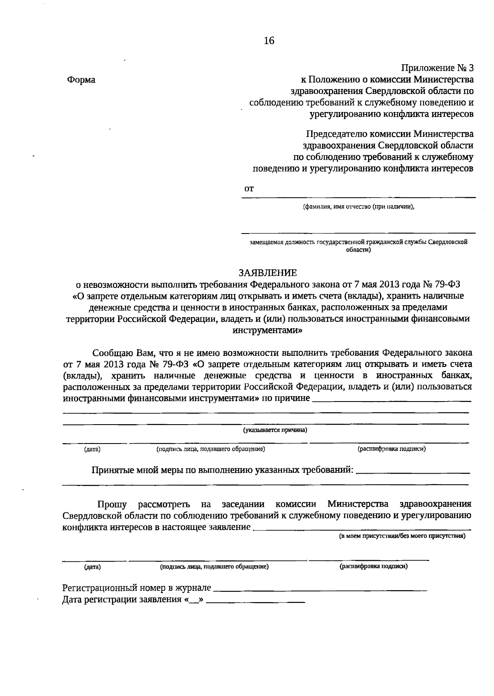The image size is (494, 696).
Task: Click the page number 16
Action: pos(268,41)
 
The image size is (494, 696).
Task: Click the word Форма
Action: pos(81,80)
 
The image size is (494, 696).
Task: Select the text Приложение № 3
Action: pos(437,68)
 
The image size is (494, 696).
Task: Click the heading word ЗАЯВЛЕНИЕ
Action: pos(268,273)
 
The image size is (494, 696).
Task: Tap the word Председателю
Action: pos(336,134)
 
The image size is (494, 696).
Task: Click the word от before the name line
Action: pos(249,189)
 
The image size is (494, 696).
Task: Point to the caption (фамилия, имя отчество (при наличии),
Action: pos(358,207)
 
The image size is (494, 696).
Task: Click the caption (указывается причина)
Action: pos(275,430)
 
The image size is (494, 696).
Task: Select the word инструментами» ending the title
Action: pos(268,330)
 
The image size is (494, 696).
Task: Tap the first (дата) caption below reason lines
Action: pos(92,449)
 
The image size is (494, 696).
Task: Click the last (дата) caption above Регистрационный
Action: pos(92,567)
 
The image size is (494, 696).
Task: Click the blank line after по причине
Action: pos(391,400)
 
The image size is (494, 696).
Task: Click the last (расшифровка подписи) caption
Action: pos(373,566)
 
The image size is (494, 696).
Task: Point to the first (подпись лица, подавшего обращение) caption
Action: pos(210,449)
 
